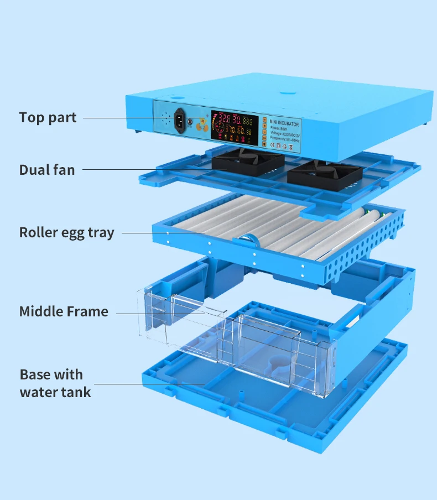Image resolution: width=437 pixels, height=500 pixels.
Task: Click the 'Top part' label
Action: [48, 118]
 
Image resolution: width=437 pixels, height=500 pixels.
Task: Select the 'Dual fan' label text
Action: [47, 170]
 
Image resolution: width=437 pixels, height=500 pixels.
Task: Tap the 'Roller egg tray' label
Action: [66, 233]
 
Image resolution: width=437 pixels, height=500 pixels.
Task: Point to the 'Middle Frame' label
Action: [64, 311]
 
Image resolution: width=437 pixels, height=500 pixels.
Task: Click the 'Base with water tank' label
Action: [55, 383]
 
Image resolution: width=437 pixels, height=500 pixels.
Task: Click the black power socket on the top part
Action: [180, 120]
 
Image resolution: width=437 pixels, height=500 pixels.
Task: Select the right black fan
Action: [325, 173]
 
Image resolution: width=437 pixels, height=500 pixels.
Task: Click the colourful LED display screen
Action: [235, 126]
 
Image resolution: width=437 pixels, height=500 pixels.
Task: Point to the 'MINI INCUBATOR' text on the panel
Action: [282, 119]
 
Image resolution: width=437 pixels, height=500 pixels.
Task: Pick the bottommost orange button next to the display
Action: [264, 144]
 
